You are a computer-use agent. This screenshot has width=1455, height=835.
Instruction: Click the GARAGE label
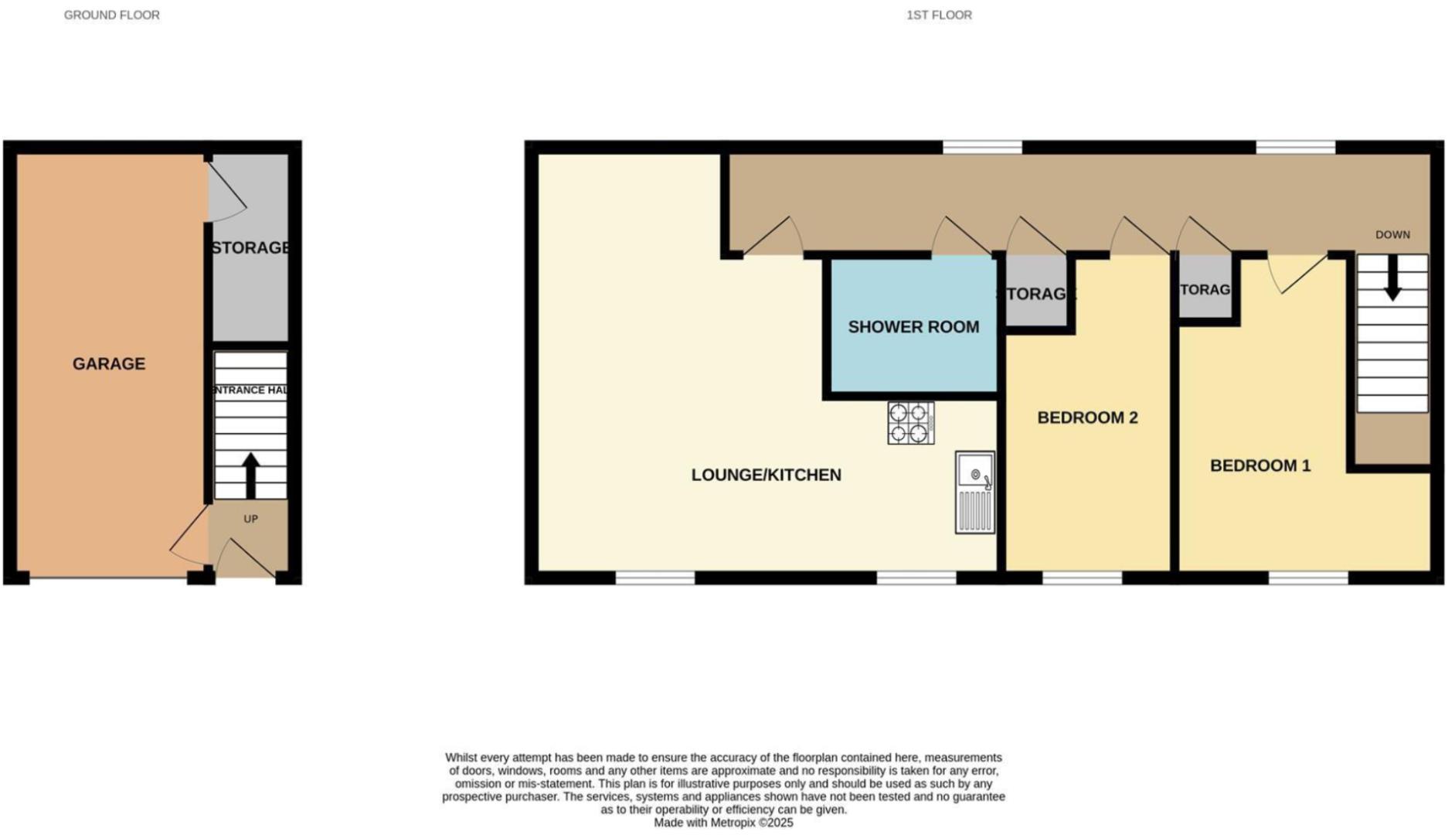109,363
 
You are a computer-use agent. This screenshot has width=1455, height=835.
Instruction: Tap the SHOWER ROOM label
913,327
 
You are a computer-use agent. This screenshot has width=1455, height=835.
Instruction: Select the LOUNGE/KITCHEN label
766,475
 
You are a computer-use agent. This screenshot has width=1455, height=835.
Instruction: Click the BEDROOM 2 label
1087,417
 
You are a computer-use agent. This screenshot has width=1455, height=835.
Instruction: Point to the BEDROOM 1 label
1260,465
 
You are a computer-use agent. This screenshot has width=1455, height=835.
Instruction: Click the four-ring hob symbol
910,423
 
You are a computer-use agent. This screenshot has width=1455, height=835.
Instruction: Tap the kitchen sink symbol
974,492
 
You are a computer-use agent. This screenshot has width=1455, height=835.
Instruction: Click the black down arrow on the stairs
1392,278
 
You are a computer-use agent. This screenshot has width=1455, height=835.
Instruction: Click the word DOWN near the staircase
1392,234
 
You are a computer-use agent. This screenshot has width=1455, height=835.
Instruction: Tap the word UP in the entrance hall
250,519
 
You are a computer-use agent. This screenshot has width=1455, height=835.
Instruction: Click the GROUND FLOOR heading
112,15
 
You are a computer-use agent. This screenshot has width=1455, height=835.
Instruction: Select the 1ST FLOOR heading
939,15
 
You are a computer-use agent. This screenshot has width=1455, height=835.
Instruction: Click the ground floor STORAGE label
250,247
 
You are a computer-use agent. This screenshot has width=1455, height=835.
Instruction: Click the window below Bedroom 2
1082,578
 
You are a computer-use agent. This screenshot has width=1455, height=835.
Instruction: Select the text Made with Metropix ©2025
723,823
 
